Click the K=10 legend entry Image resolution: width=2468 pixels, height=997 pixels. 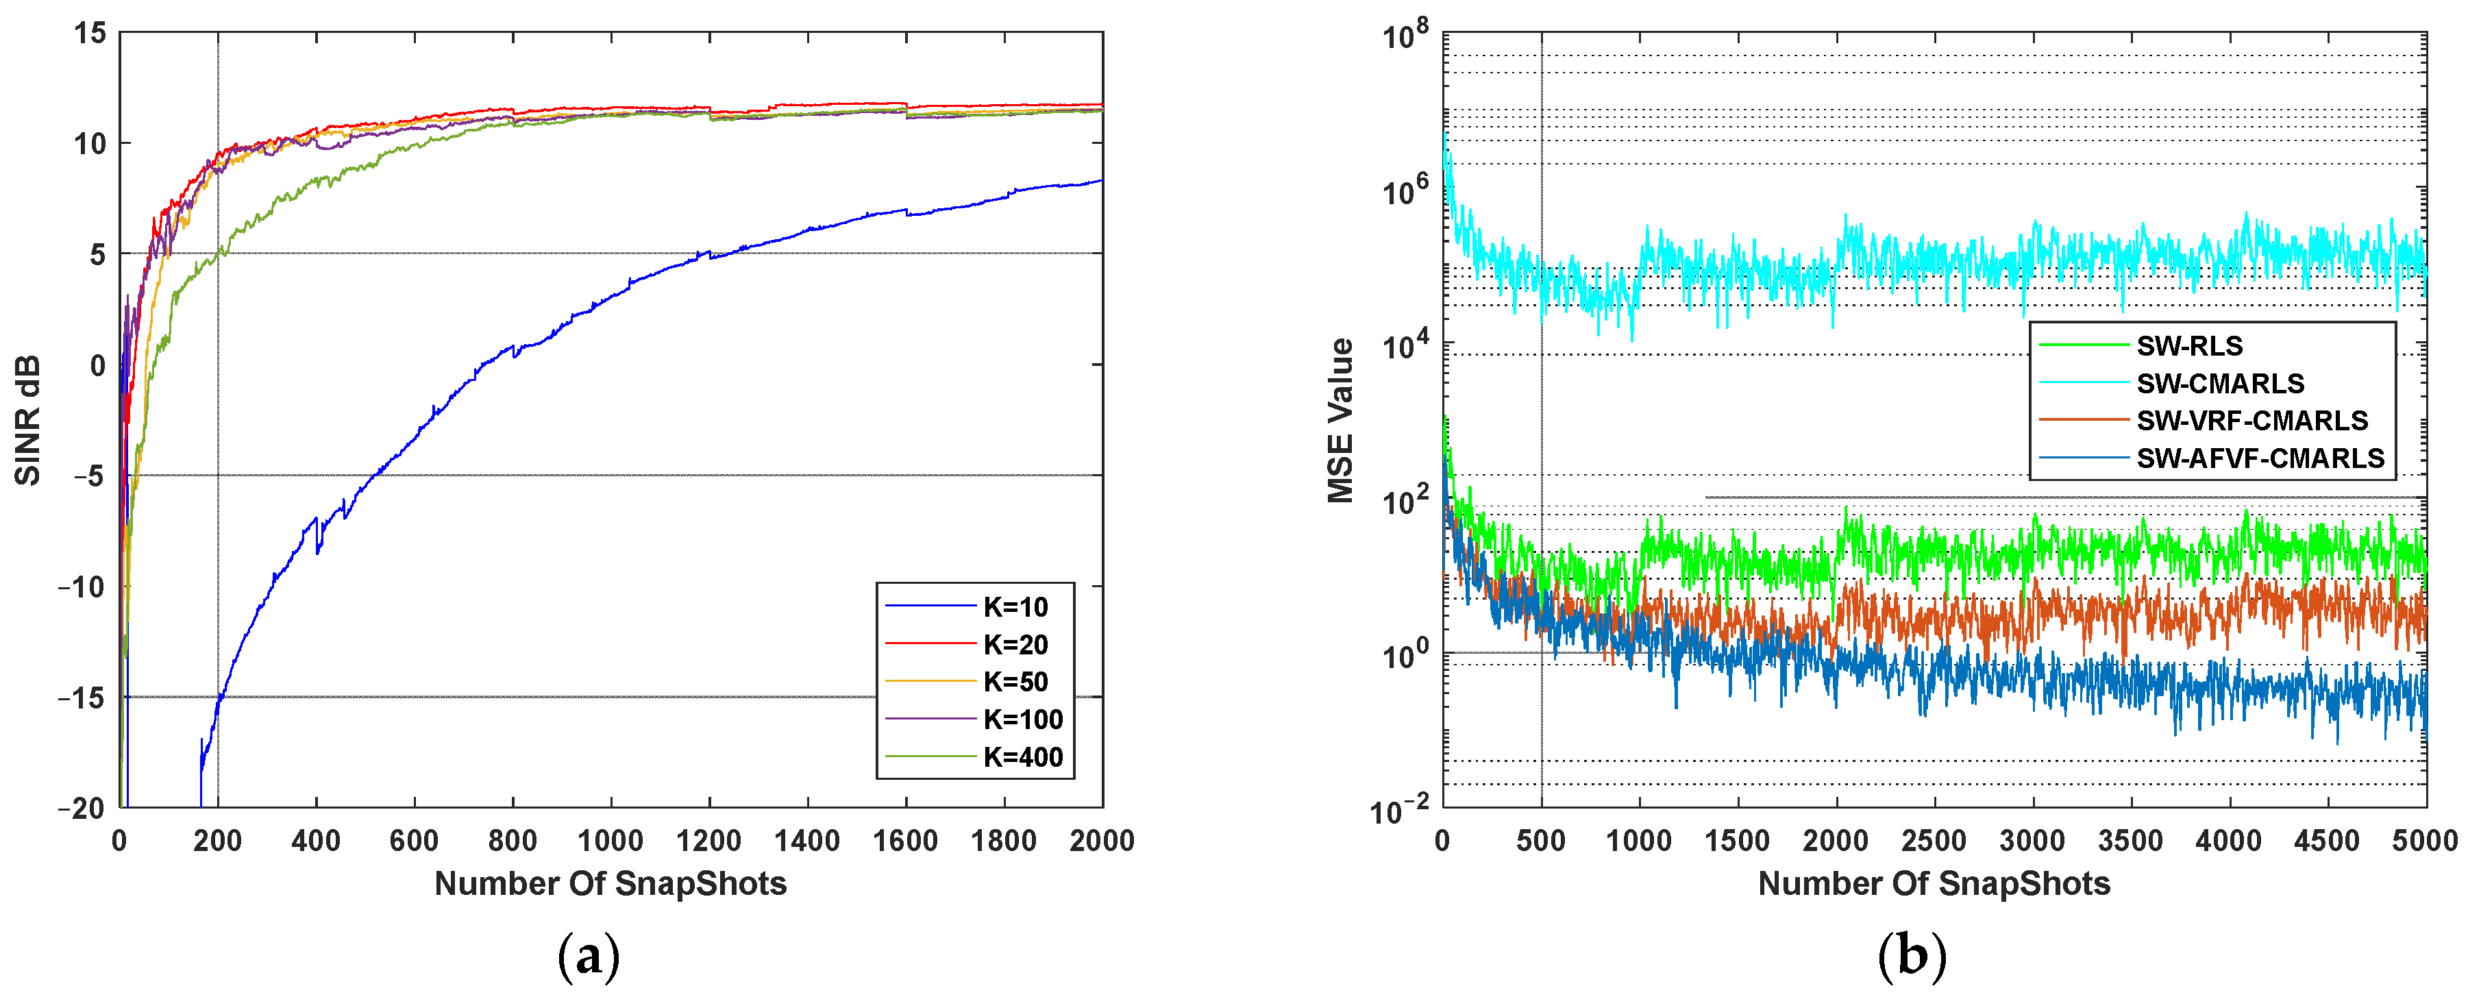tap(1015, 606)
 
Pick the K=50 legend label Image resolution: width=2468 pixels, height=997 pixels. tap(1015, 681)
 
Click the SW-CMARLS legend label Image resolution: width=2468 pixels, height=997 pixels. tap(2220, 383)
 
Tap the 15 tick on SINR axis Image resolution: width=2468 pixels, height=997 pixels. tap(91, 34)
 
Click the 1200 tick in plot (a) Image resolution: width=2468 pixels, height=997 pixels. tap(709, 841)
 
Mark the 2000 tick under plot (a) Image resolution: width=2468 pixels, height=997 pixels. tap(1102, 841)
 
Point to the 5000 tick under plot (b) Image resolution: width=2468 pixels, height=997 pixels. tap(2425, 841)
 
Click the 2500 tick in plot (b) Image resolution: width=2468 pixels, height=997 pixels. tap(1934, 841)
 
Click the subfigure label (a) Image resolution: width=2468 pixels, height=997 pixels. tap(589, 955)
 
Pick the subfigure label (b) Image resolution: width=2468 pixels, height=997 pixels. tap(1912, 955)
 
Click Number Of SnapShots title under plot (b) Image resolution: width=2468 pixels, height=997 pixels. tap(1934, 883)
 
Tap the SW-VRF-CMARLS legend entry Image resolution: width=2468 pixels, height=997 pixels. tap(2251, 421)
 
